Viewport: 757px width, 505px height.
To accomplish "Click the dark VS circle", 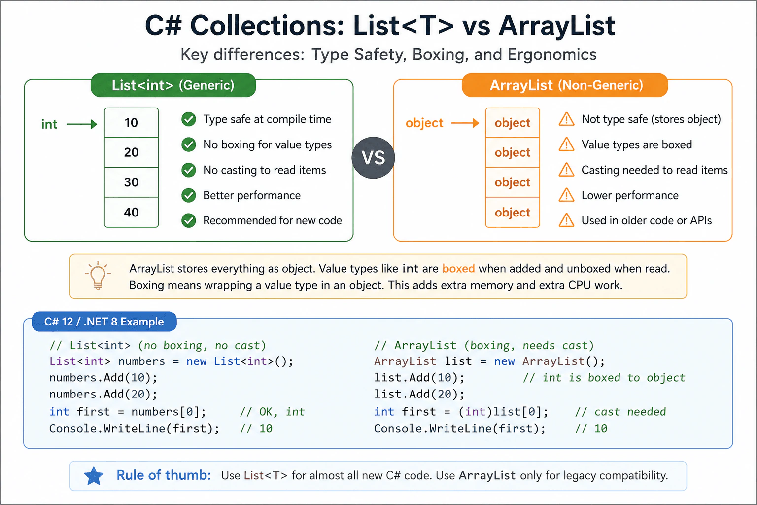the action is coord(373,158).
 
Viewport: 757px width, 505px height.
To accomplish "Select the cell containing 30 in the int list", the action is coord(131,182).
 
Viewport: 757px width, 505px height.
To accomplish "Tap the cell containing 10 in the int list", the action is coord(131,122).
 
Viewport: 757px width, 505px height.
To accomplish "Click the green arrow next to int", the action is coord(82,124).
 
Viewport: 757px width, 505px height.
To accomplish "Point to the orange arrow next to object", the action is coord(465,123).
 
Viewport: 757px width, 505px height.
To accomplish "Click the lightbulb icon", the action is coord(98,276).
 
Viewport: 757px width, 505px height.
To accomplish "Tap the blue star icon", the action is coord(94,475).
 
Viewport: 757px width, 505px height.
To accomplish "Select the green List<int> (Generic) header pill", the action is coord(173,85).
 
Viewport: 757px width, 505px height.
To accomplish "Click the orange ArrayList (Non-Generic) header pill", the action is coord(565,85).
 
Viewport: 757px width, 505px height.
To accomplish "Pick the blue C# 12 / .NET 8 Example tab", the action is coord(104,322).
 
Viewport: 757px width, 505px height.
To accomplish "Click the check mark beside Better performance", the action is coord(189,195).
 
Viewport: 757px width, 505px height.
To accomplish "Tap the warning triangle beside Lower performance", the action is coord(566,195).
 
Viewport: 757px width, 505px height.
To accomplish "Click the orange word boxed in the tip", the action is coord(458,269).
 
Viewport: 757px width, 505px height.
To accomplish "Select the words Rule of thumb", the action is coord(164,475).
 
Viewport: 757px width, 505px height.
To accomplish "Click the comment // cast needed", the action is coord(620,412).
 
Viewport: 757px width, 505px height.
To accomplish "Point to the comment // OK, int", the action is coord(272,412).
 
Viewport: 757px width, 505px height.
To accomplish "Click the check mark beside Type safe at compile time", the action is coord(189,119).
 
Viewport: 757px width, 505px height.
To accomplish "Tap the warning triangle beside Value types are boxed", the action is coord(566,144).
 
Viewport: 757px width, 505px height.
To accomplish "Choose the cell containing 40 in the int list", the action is coord(131,213).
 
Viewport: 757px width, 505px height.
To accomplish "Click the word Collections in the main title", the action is coord(267,26).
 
